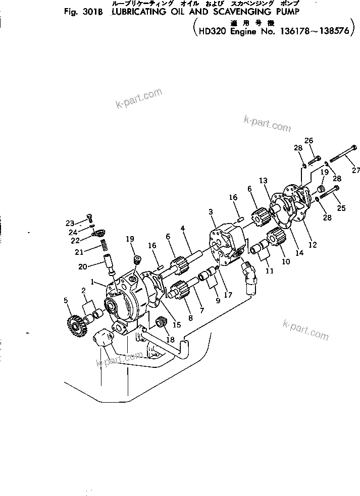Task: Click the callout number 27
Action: tap(356, 171)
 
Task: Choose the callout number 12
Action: tap(313, 245)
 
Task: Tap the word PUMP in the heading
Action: tap(286, 15)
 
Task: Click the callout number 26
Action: tap(309, 140)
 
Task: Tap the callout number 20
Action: tap(81, 266)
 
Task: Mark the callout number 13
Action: tap(263, 181)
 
